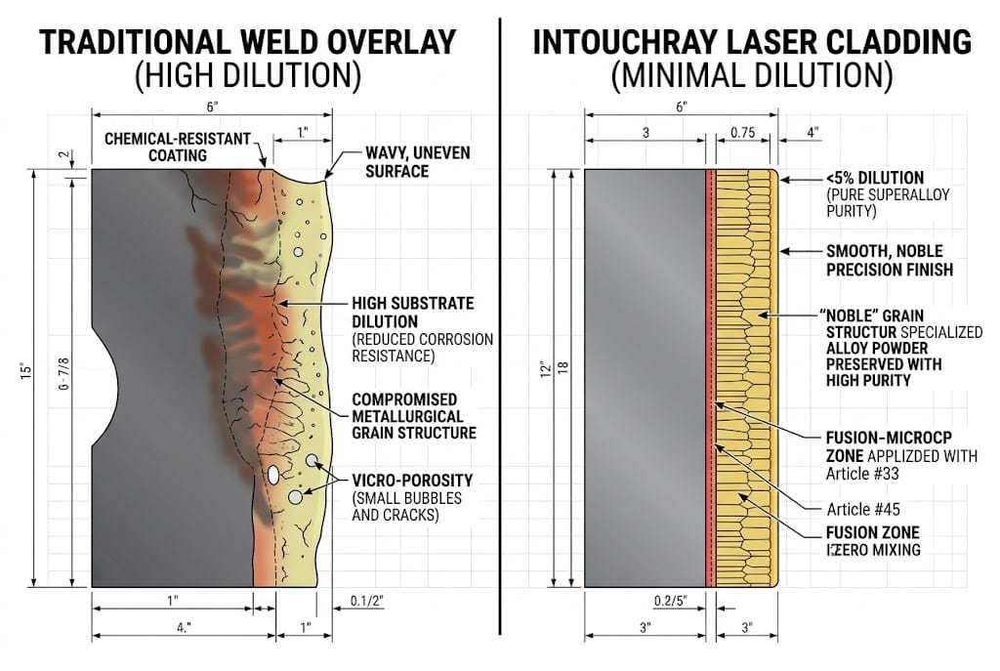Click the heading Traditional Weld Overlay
click(247, 42)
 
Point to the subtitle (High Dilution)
click(247, 75)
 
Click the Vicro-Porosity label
click(413, 480)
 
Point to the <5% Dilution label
click(874, 178)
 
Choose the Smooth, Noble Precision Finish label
click(889, 260)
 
